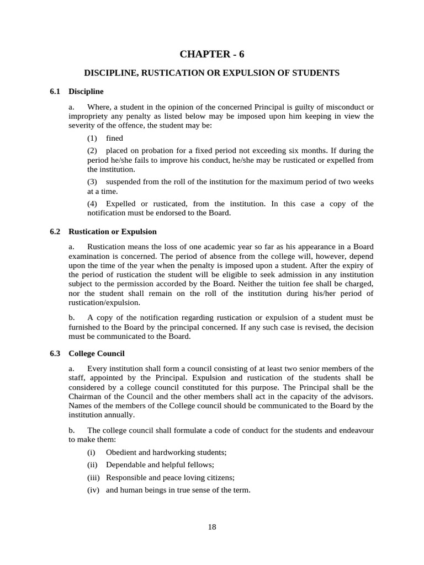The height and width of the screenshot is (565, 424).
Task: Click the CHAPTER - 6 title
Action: click(211, 54)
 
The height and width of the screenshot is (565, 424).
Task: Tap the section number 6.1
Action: click(55, 91)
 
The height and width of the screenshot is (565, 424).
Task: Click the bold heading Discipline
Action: click(86, 91)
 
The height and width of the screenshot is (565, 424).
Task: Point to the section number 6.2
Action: click(55, 232)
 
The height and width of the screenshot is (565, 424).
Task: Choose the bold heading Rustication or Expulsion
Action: click(112, 232)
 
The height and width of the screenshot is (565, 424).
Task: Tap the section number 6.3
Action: click(55, 353)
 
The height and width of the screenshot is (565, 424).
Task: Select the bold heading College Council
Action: click(96, 353)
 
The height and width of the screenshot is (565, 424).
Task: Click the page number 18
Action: click(212, 527)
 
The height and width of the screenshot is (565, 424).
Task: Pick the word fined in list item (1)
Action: click(114, 138)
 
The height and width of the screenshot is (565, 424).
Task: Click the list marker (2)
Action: click(92, 151)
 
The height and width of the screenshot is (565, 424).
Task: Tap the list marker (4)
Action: click(92, 204)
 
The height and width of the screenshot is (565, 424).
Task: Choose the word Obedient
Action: click(122, 452)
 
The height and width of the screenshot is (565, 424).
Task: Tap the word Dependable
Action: click(126, 465)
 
